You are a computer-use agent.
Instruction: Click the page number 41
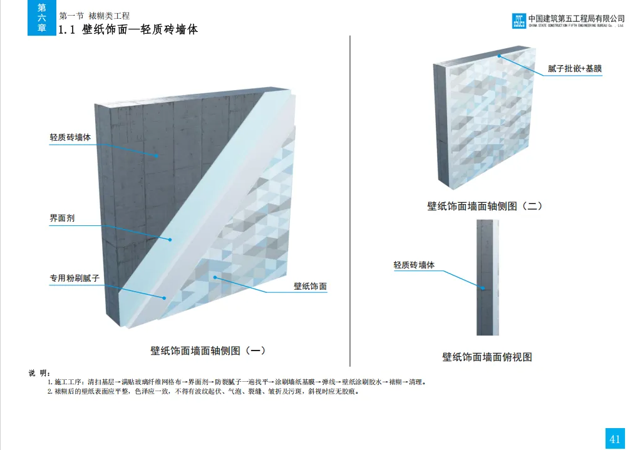tap(614, 438)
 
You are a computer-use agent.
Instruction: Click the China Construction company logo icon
tap(518, 21)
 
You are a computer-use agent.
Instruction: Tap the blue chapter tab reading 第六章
tap(41, 18)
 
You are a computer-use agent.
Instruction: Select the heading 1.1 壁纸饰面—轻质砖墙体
tap(128, 29)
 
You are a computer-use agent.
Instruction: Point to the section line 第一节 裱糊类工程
tap(94, 15)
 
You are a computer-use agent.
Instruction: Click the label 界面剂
tap(62, 218)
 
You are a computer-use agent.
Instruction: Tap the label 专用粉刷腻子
tap(75, 277)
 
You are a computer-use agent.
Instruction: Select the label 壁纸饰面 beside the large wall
tap(310, 286)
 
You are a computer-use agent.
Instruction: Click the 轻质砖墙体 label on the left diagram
tap(70, 137)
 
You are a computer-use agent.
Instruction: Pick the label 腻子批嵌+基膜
tap(574, 68)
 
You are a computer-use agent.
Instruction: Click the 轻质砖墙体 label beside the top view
tap(414, 265)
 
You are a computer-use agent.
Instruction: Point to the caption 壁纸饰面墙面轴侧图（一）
tap(212, 350)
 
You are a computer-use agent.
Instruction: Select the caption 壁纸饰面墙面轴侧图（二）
tap(484, 205)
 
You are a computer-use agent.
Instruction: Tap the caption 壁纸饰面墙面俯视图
tap(487, 357)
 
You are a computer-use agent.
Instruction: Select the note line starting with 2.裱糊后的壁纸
tap(203, 392)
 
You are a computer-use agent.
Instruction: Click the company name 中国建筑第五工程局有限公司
tap(576, 18)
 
